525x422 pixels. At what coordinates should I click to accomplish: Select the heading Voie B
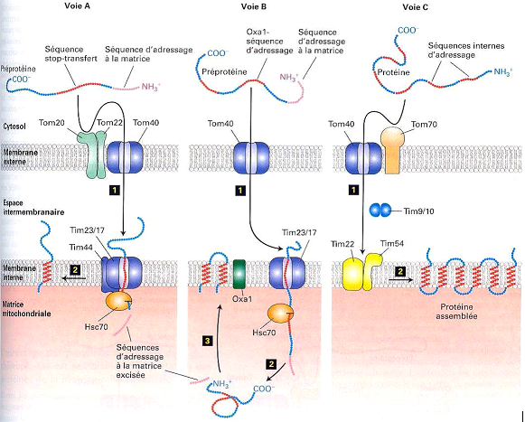(x=258, y=7)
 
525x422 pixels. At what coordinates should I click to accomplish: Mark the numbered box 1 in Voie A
(x=114, y=192)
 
